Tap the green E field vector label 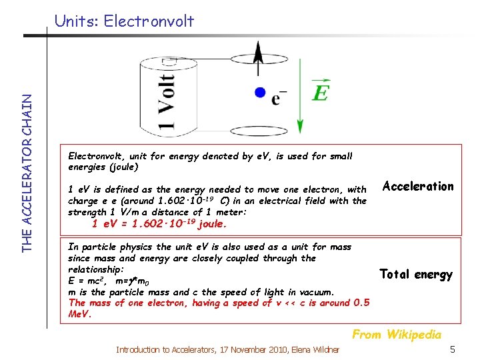click(320, 92)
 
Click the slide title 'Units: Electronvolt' click(125, 21)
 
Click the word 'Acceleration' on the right click(418, 186)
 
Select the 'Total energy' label click(416, 274)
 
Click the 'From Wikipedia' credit click(397, 334)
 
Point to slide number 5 click(452, 349)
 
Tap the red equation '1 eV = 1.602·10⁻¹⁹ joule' click(159, 224)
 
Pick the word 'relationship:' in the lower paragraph click(96, 269)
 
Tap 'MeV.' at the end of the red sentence click(79, 313)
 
